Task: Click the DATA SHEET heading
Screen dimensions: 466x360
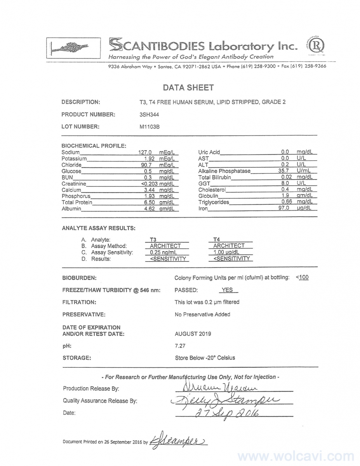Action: (188, 88)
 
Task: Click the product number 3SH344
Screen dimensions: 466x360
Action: (149, 115)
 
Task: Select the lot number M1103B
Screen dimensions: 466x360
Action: (150, 126)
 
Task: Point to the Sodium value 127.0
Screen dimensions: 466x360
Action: (145, 152)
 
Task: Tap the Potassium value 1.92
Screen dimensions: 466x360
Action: (150, 158)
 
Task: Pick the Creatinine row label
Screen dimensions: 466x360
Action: (74, 184)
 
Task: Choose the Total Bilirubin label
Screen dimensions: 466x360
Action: (214, 177)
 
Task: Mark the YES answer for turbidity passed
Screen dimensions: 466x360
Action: (227, 290)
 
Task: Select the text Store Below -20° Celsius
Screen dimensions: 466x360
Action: (205, 358)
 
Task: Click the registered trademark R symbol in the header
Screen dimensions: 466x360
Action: (317, 46)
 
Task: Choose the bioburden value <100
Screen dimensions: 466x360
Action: (302, 277)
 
